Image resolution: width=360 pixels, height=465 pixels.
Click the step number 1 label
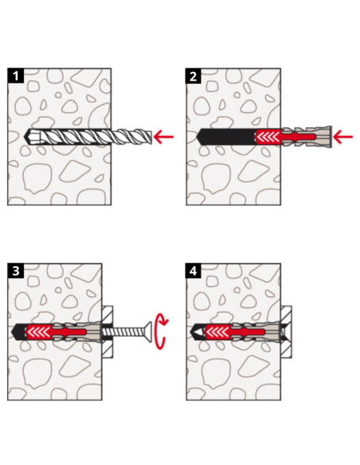point(15,76)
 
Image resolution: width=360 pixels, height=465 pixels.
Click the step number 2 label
point(194,76)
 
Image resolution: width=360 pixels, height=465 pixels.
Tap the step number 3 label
point(15,271)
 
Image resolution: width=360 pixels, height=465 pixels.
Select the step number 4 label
point(194,271)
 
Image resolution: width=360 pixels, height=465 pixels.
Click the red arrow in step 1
point(163,137)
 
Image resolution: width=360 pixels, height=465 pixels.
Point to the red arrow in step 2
point(342,137)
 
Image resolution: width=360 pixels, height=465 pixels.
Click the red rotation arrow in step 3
point(162,331)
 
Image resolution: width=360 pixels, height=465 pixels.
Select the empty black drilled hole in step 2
point(226,137)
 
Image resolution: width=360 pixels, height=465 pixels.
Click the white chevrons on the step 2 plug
point(269,137)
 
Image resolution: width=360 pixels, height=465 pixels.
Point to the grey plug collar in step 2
point(322,137)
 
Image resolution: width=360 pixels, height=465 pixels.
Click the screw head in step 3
point(149,331)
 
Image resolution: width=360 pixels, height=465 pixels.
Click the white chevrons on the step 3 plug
point(38,331)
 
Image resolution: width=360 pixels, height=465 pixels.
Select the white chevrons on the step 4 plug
point(217,331)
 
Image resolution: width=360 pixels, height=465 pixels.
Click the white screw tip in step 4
point(197,331)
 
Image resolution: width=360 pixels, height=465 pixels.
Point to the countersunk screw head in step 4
point(285,331)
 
